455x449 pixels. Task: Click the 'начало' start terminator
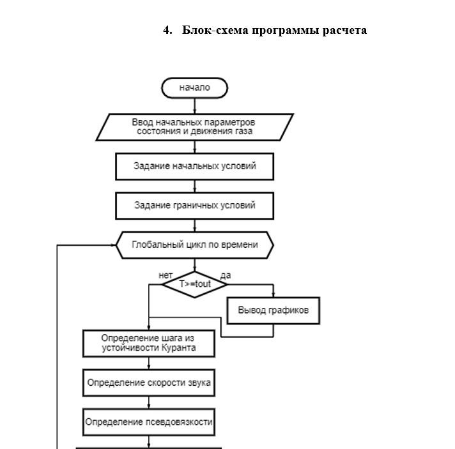pyautogui.click(x=194, y=88)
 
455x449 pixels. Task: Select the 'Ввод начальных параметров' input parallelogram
pyautogui.click(x=194, y=126)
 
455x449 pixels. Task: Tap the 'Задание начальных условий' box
pyautogui.click(x=194, y=166)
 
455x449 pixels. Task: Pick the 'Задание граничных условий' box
pyautogui.click(x=194, y=206)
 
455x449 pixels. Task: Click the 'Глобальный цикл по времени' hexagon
pyautogui.click(x=194, y=245)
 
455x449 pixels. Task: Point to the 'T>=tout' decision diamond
pyautogui.click(x=194, y=282)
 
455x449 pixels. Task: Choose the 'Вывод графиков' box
pyautogui.click(x=273, y=310)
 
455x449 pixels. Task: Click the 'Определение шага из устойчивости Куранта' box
pyautogui.click(x=148, y=343)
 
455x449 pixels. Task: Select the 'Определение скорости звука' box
pyautogui.click(x=148, y=383)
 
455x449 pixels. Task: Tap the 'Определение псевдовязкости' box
pyautogui.click(x=148, y=422)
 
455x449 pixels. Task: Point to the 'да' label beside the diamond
pyautogui.click(x=225, y=275)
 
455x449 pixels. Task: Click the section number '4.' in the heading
pyautogui.click(x=167, y=30)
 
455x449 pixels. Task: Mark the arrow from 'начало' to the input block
pyautogui.click(x=194, y=106)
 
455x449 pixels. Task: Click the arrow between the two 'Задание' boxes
pyautogui.click(x=194, y=186)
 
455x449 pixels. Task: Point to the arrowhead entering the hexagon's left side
pyautogui.click(x=112, y=245)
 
